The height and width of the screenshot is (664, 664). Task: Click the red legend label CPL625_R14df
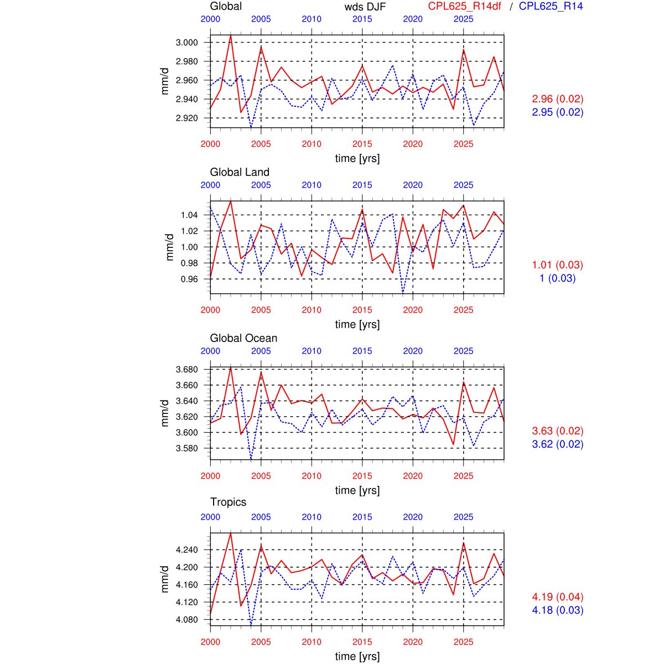click(x=465, y=6)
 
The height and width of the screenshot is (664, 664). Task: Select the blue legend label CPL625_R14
click(x=551, y=6)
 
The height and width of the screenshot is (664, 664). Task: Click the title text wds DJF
click(x=365, y=7)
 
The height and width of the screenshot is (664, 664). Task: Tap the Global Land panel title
click(x=240, y=172)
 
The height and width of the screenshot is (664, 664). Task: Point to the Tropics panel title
click(x=228, y=502)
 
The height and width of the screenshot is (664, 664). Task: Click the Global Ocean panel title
click(x=243, y=338)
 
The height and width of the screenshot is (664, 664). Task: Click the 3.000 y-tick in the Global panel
click(x=186, y=43)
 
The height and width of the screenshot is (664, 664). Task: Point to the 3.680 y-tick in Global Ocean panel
click(x=186, y=369)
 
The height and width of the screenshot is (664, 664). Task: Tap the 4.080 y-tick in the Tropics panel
click(x=186, y=619)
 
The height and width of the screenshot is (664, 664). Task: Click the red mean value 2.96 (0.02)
click(x=558, y=99)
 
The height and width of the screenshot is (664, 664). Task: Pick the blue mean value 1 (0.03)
click(x=558, y=278)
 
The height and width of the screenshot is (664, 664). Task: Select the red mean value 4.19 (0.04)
click(x=558, y=597)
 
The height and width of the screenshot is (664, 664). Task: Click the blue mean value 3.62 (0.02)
click(x=558, y=444)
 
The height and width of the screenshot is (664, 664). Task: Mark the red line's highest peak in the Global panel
click(x=231, y=35)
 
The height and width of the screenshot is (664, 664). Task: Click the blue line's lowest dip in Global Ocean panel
click(x=251, y=459)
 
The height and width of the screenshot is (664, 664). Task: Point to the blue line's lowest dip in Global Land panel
click(x=403, y=293)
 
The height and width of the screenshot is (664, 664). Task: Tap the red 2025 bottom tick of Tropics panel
click(x=463, y=642)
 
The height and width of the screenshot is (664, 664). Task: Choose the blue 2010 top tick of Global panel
click(x=312, y=19)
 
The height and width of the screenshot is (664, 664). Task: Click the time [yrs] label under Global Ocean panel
click(x=357, y=490)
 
